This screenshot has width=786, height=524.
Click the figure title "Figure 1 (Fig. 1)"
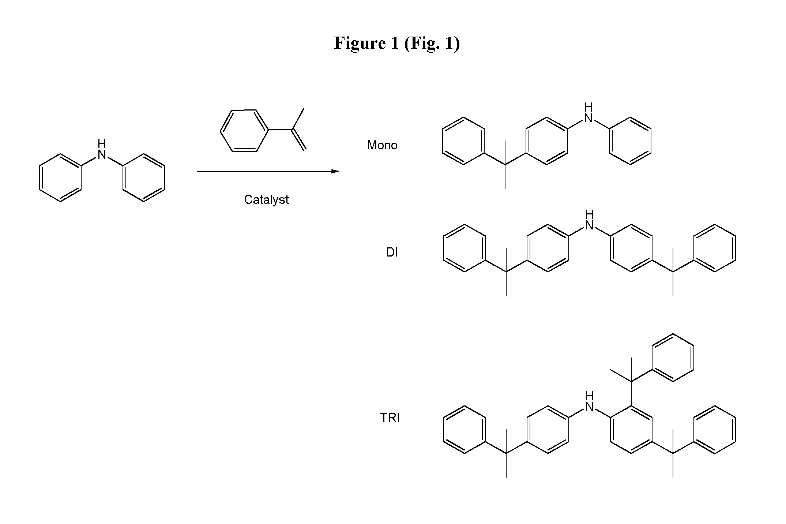point(397,44)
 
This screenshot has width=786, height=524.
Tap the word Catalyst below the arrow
point(266,200)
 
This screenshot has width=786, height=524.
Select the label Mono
point(382,145)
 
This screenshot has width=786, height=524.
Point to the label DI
point(392,252)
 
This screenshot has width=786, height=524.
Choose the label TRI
point(390,418)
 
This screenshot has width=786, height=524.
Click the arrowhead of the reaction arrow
point(335,171)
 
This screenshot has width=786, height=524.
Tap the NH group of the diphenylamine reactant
point(102,150)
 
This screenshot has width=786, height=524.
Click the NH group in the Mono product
point(588,113)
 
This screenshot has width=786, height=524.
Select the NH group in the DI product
point(589,220)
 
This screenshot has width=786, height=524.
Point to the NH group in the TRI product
point(589,402)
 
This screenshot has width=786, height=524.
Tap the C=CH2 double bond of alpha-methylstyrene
point(299,140)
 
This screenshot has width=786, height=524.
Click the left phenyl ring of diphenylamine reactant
point(60,177)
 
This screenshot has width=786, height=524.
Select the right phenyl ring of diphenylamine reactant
point(144,177)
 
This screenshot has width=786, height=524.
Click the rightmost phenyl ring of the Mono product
point(630,141)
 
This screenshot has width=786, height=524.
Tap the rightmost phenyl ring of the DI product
point(715,248)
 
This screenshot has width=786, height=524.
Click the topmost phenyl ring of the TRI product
point(673,358)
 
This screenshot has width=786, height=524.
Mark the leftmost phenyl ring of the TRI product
point(465,430)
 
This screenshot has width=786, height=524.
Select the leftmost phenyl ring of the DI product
point(465,248)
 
